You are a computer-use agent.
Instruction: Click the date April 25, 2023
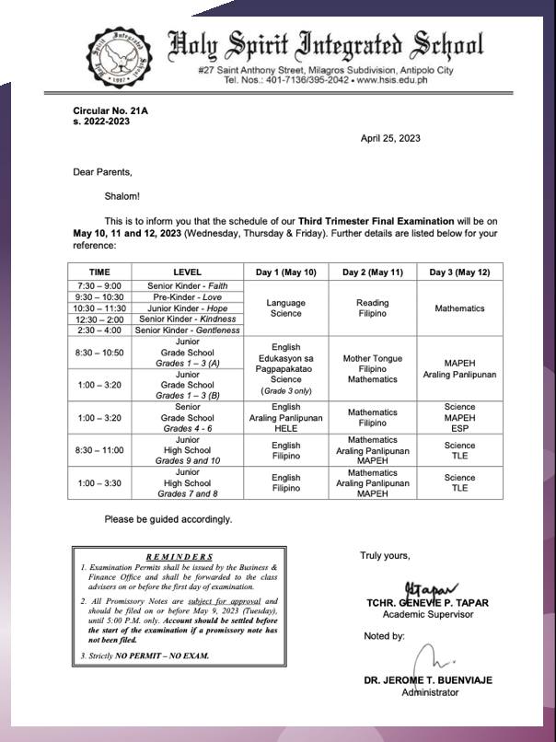pyautogui.click(x=390, y=138)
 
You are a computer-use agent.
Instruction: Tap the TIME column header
pyautogui.click(x=99, y=272)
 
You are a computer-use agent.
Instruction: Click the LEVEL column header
pyautogui.click(x=187, y=272)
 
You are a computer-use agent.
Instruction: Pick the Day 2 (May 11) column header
pyautogui.click(x=373, y=272)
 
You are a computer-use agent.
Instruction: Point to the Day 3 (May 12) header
pyautogui.click(x=459, y=272)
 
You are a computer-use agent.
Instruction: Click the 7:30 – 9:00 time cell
pyautogui.click(x=99, y=287)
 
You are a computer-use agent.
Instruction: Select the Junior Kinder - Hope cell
pyautogui.click(x=187, y=308)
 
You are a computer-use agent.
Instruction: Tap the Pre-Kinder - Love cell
pyautogui.click(x=187, y=298)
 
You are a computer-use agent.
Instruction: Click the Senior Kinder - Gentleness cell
pyautogui.click(x=187, y=330)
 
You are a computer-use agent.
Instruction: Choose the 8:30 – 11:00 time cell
pyautogui.click(x=99, y=450)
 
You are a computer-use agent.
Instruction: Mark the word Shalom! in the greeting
pyautogui.click(x=122, y=195)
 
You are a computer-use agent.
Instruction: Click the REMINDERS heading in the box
pyautogui.click(x=179, y=557)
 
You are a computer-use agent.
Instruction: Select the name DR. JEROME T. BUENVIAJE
pyautogui.click(x=428, y=680)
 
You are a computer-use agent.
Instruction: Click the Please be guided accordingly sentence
pyautogui.click(x=168, y=519)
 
